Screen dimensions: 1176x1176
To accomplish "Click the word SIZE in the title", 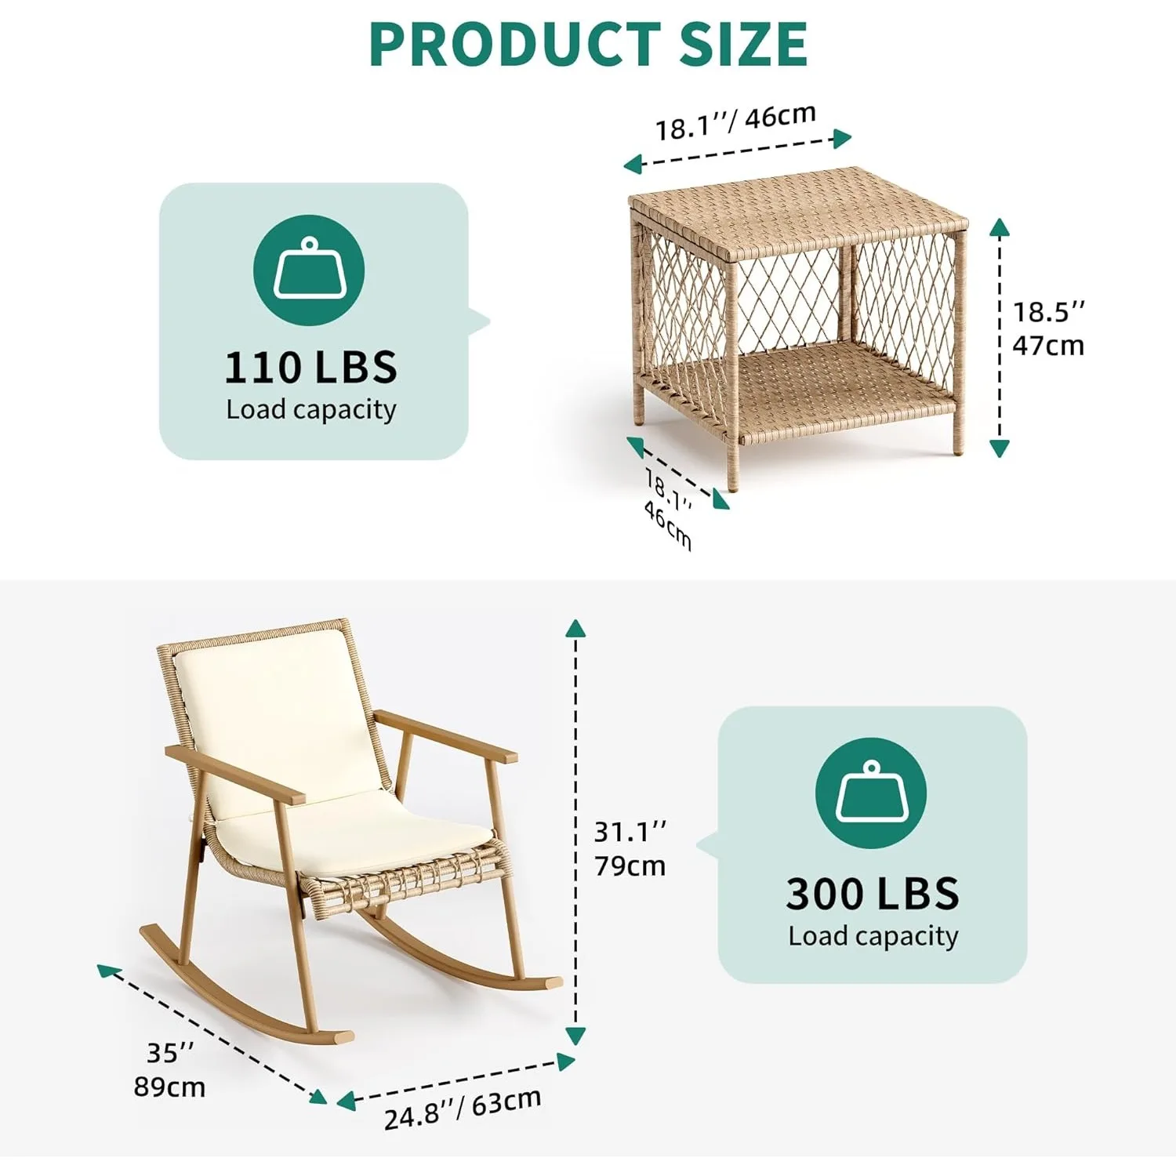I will [x=743, y=45].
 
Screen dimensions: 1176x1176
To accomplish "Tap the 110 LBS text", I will [x=311, y=368].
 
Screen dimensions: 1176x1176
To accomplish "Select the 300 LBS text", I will [x=873, y=894].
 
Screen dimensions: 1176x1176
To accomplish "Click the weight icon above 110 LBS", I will [x=309, y=270].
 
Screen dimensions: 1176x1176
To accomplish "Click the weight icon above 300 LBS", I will [x=871, y=793].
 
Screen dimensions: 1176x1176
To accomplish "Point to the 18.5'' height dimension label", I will [x=1049, y=312].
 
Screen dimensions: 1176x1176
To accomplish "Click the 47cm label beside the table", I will [x=1048, y=346].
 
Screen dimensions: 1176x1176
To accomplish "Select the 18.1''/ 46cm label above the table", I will [x=735, y=122].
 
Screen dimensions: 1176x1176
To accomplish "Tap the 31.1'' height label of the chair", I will [x=630, y=831].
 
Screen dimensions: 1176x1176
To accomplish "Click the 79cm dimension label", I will [x=630, y=866].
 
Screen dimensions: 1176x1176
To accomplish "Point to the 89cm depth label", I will [x=169, y=1087].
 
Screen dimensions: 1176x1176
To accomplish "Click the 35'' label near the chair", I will [x=170, y=1053].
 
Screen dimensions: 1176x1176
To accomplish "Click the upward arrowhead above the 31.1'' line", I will [x=575, y=627].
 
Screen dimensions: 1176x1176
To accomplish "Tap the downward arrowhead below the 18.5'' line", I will [x=999, y=448].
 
